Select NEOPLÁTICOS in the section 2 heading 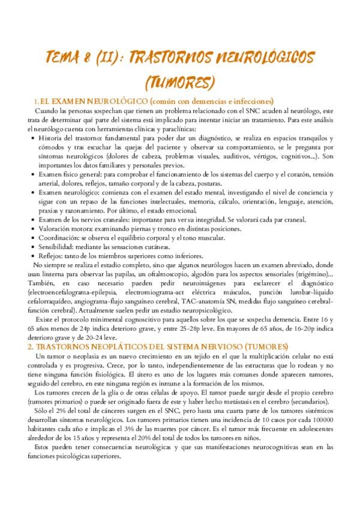(x=118, y=347)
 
